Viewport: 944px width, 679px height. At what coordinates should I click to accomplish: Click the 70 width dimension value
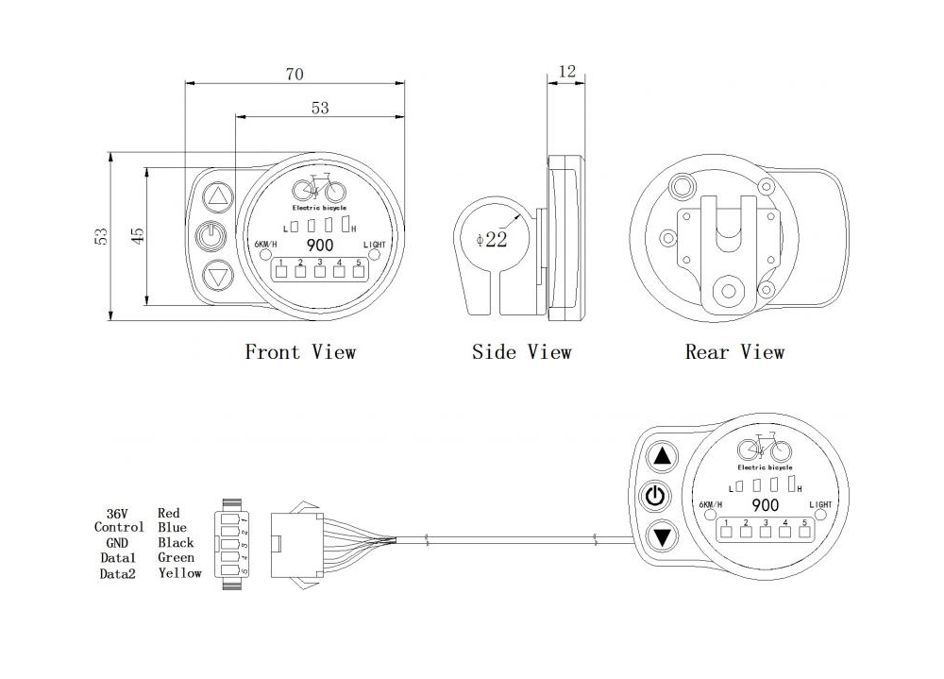296,72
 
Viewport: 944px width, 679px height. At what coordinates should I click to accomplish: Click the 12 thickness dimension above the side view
566,72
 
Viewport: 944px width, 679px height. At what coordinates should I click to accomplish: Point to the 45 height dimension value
138,236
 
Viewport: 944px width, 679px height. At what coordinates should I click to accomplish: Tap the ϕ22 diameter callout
492,240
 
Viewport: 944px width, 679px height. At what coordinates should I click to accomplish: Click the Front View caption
300,352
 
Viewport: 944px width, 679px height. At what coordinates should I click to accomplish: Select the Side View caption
521,352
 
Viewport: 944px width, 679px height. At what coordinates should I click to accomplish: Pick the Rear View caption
734,352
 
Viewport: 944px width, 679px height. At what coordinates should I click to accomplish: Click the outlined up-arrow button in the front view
217,197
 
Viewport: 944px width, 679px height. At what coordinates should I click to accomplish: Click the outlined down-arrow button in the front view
217,277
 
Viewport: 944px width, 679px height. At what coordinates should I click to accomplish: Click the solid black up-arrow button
663,458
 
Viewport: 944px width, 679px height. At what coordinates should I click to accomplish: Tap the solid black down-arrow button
663,537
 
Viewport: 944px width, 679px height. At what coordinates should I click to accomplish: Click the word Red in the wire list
169,513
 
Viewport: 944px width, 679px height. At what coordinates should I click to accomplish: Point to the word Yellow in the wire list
179,572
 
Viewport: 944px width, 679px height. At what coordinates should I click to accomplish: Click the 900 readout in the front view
319,245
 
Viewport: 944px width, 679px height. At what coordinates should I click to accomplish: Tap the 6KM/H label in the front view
267,246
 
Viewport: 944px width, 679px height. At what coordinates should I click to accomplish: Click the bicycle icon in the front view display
319,192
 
